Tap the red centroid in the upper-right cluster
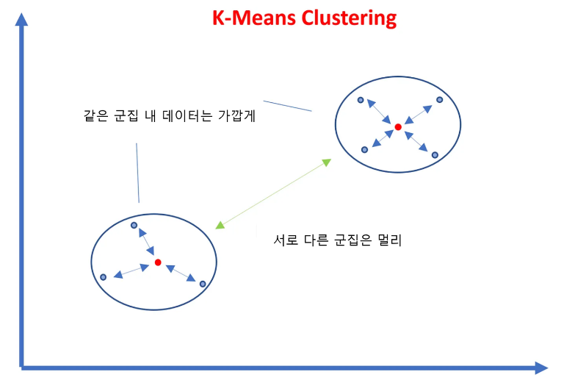tap(398, 127)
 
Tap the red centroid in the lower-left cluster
tap(158, 262)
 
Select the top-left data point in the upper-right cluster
tap(361, 100)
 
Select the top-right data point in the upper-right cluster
tap(440, 99)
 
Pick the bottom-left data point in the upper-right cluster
tap(364, 150)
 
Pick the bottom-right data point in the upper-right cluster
tap(435, 155)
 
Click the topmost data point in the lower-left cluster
tap(134, 225)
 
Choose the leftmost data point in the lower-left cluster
tap(103, 277)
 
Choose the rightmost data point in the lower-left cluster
tap(203, 282)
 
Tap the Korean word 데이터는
tap(182, 116)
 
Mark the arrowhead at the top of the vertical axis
tap(22, 21)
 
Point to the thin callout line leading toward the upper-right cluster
tap(287, 106)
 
